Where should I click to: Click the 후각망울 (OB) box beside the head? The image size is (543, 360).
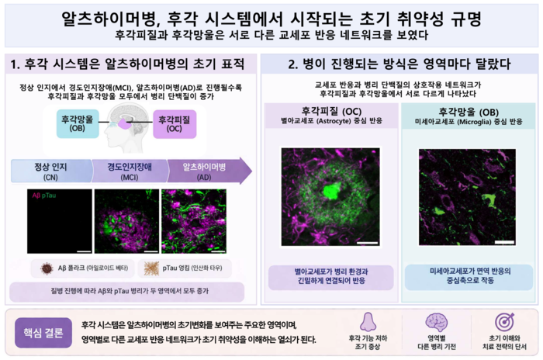click(77, 123)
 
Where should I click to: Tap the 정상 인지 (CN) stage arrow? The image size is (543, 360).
click(51, 170)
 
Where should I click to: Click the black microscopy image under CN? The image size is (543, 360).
click(59, 220)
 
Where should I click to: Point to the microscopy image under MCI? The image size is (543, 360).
click(126, 220)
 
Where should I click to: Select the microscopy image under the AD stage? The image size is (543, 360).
click(194, 220)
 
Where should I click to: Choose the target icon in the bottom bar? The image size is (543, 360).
click(504, 321)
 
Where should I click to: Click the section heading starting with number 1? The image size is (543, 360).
click(129, 63)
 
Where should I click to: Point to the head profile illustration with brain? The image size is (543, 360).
click(126, 123)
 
